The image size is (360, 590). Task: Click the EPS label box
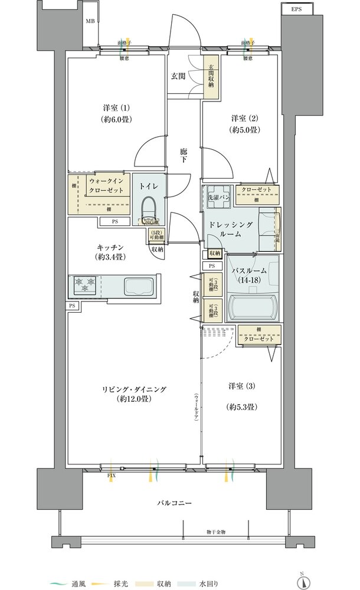(296, 9)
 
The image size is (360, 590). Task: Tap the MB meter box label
(90, 21)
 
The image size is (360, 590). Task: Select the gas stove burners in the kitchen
(85, 286)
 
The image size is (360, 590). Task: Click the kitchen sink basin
(138, 287)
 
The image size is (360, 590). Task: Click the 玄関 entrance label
(179, 76)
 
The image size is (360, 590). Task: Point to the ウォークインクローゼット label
(108, 187)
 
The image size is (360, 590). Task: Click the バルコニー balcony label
(174, 503)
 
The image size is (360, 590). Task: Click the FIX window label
(111, 474)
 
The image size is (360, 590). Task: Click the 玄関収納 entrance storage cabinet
(210, 75)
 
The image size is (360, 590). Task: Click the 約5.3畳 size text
(243, 407)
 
